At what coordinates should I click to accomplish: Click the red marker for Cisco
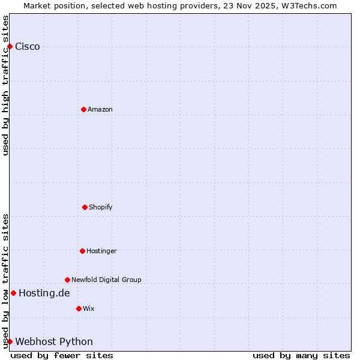pyautogui.click(x=10, y=46)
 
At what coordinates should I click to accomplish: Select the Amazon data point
pyautogui.click(x=84, y=109)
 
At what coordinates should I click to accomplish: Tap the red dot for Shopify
pyautogui.click(x=85, y=207)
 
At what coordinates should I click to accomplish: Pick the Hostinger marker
pyautogui.click(x=82, y=251)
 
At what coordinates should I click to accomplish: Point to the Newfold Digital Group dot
pyautogui.click(x=67, y=280)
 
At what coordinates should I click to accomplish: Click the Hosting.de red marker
pyautogui.click(x=13, y=293)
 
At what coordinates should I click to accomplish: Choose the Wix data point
pyautogui.click(x=79, y=308)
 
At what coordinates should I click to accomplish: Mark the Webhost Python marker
pyautogui.click(x=10, y=341)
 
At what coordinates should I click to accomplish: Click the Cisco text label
pyautogui.click(x=28, y=47)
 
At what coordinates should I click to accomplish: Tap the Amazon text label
pyautogui.click(x=100, y=109)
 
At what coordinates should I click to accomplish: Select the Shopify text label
pyautogui.click(x=101, y=207)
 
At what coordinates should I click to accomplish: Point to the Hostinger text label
pyautogui.click(x=101, y=251)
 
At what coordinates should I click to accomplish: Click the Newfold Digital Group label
pyautogui.click(x=106, y=280)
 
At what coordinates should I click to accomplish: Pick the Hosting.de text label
pyautogui.click(x=44, y=293)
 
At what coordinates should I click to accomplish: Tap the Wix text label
pyautogui.click(x=89, y=308)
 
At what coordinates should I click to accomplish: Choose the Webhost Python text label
pyautogui.click(x=54, y=342)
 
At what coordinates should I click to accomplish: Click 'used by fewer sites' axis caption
pyautogui.click(x=62, y=355)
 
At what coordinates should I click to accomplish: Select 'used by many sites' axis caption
pyautogui.click(x=301, y=355)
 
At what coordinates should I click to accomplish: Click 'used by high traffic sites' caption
pyautogui.click(x=6, y=85)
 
